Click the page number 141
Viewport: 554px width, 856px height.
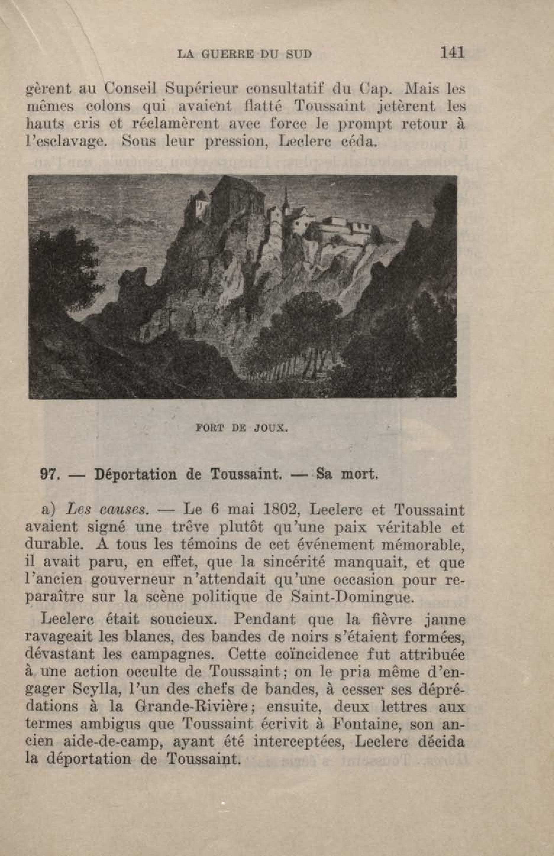pyautogui.click(x=452, y=53)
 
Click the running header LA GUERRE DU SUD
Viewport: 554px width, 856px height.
pyautogui.click(x=245, y=54)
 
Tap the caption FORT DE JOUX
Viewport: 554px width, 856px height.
pyautogui.click(x=241, y=428)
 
